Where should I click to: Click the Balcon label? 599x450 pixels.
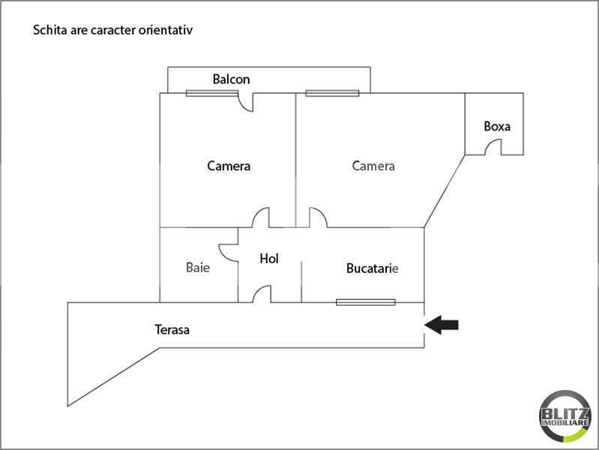pos(231,79)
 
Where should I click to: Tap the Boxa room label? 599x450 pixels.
pos(497,126)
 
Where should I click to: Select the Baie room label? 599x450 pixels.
pos(197,267)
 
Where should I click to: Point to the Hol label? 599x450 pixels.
pos(269,259)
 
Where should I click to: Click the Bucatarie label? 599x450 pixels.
pos(372,268)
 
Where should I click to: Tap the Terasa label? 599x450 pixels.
pos(172,329)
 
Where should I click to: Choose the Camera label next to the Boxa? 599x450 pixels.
pos(373,166)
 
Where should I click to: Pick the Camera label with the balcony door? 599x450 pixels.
pos(229,166)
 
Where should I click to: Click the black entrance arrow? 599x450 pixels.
pos(442,325)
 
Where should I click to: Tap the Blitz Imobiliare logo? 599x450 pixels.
pos(565,416)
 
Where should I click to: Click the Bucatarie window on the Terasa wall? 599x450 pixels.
pos(366,302)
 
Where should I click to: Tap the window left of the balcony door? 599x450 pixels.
pos(212,93)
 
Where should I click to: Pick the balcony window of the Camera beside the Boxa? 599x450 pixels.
pos(332,93)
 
